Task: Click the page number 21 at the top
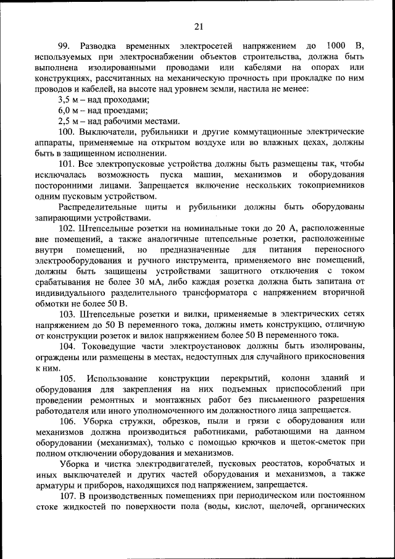click(198, 25)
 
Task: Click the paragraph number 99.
click(64, 46)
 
